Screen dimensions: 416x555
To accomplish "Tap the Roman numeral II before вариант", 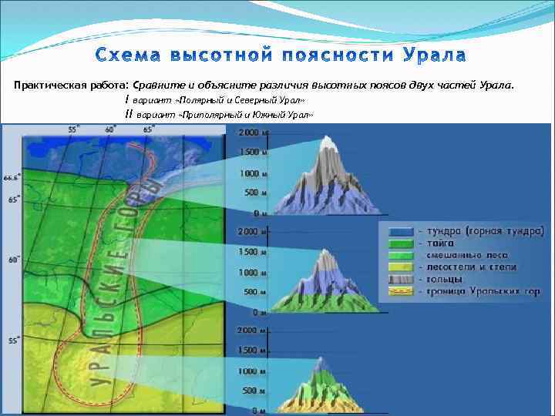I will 128,113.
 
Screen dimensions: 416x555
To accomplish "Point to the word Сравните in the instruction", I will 159,85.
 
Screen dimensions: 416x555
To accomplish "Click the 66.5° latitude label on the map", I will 10,177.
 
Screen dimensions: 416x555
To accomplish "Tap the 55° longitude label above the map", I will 72,129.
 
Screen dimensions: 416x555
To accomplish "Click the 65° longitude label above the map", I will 147,129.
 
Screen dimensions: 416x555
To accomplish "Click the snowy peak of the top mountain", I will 329,144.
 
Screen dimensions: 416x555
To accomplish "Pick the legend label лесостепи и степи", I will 467,267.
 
